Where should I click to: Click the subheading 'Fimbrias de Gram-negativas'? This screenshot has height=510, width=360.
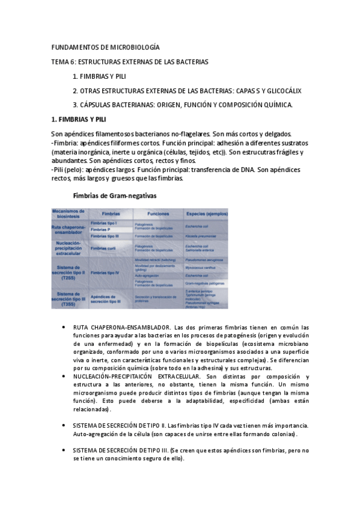115,195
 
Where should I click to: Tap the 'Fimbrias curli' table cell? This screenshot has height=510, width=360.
106,248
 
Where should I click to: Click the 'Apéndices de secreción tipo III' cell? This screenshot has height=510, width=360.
108,297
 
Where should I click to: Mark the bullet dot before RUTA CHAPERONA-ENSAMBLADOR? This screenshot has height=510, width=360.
64,328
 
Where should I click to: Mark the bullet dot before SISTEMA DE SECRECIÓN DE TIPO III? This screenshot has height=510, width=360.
64,450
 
